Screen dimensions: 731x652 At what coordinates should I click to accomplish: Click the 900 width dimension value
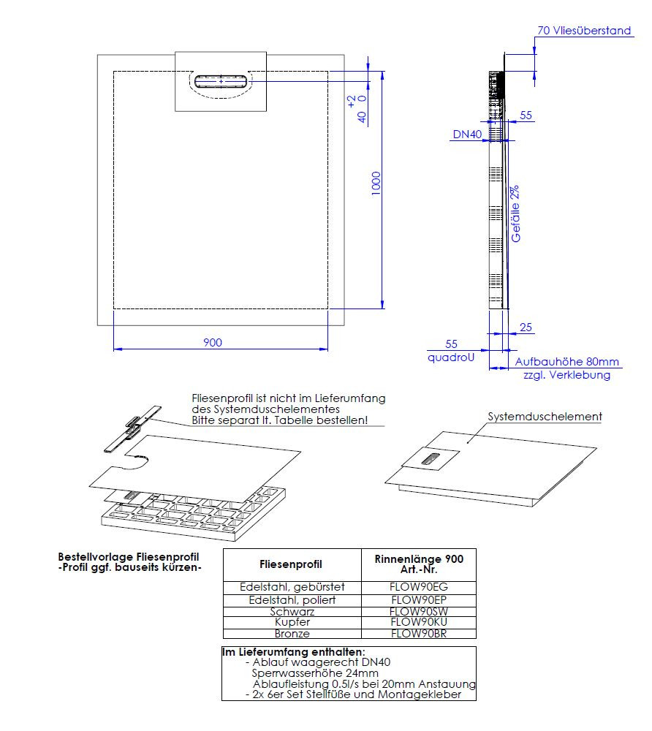tap(213, 342)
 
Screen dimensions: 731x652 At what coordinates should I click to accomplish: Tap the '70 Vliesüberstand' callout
tap(584, 31)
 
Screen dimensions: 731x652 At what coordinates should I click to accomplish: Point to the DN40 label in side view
tap(466, 134)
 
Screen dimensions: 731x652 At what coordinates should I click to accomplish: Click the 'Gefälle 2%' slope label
tap(516, 213)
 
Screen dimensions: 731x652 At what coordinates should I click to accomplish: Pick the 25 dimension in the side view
tap(526, 327)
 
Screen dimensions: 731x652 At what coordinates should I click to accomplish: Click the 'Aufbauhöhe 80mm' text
tap(567, 362)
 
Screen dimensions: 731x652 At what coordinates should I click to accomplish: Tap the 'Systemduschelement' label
tap(545, 417)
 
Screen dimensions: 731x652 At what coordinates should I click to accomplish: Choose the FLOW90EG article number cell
tap(419, 587)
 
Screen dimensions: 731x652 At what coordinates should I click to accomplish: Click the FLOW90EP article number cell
tap(419, 599)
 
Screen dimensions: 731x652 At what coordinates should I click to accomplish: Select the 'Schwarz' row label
tap(292, 611)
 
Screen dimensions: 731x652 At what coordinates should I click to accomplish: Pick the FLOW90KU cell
tap(419, 622)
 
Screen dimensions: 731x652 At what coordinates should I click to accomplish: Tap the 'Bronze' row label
tap(292, 634)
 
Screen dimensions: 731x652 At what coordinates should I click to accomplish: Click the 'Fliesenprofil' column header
tap(291, 564)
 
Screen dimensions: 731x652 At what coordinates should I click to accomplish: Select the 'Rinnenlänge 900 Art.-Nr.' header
tap(419, 564)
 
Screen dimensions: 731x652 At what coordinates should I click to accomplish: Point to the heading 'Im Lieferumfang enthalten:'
tap(293, 652)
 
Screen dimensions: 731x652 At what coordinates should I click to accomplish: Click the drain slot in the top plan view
tap(220, 80)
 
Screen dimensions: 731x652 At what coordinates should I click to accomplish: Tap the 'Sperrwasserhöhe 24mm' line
tap(315, 673)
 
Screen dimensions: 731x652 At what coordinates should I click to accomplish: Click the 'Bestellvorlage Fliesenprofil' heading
tap(128, 557)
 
